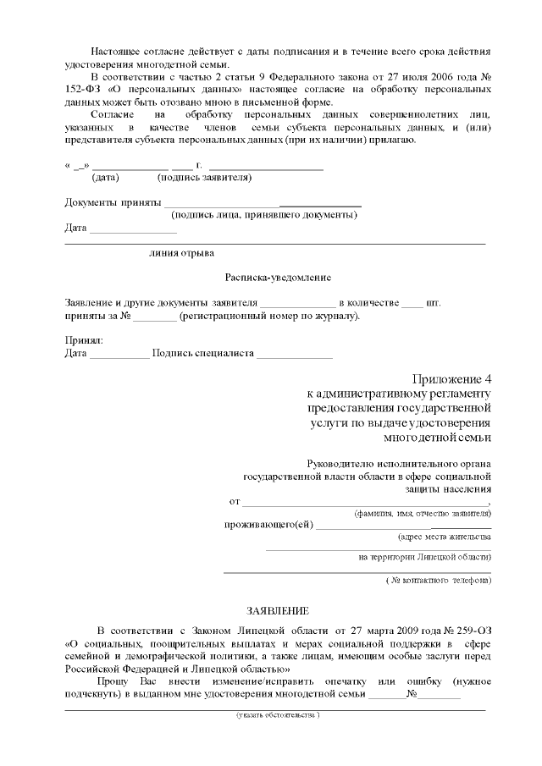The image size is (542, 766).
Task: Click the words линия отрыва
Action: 181,252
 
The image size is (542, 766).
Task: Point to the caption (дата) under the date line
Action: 105,178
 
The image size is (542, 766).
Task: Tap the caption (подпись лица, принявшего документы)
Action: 263,215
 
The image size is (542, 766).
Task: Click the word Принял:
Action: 84,340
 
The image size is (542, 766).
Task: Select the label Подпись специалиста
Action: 203,353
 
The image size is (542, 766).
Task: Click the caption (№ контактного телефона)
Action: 438,581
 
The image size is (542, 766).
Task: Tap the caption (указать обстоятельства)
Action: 278,715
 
